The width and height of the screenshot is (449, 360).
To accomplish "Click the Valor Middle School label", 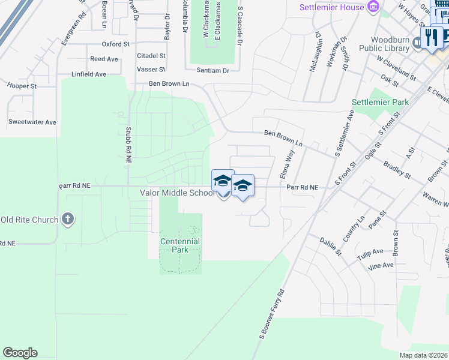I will pyautogui.click(x=177, y=193).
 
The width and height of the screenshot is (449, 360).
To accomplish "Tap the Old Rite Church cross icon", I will pyautogui.click(x=68, y=219).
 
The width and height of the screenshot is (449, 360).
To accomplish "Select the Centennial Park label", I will pyautogui.click(x=180, y=245).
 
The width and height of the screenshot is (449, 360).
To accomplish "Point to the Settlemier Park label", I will pyautogui.click(x=380, y=102).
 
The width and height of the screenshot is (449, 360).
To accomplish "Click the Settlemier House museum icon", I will pyautogui.click(x=374, y=7).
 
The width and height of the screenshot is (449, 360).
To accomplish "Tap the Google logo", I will pyautogui.click(x=20, y=353).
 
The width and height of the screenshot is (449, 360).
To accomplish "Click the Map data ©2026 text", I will pyautogui.click(x=423, y=355).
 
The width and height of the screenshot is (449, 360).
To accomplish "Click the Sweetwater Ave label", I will pyautogui.click(x=32, y=122).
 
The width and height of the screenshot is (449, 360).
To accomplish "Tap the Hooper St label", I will pyautogui.click(x=22, y=86).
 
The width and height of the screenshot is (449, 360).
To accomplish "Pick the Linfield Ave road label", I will pyautogui.click(x=88, y=74).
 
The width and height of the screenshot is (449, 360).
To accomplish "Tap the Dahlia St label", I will pyautogui.click(x=330, y=246).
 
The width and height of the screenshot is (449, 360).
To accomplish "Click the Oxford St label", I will pyautogui.click(x=115, y=44).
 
